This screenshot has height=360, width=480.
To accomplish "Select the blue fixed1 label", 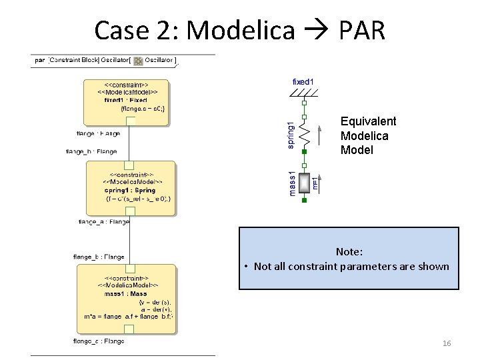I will [x=303, y=81].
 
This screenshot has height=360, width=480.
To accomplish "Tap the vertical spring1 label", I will [x=290, y=135].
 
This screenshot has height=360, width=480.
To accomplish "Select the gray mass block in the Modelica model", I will [x=305, y=182].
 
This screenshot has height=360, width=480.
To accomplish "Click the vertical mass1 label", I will [x=290, y=183].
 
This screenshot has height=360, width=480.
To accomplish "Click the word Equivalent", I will [x=368, y=121].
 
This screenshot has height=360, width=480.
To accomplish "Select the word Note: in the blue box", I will [x=349, y=252].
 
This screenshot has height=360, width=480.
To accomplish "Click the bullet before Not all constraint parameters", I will [x=247, y=267].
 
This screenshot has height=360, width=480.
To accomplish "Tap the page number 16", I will [x=447, y=343].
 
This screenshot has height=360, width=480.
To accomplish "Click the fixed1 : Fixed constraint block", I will [x=127, y=100].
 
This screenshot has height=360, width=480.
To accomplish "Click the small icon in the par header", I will [x=138, y=61].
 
